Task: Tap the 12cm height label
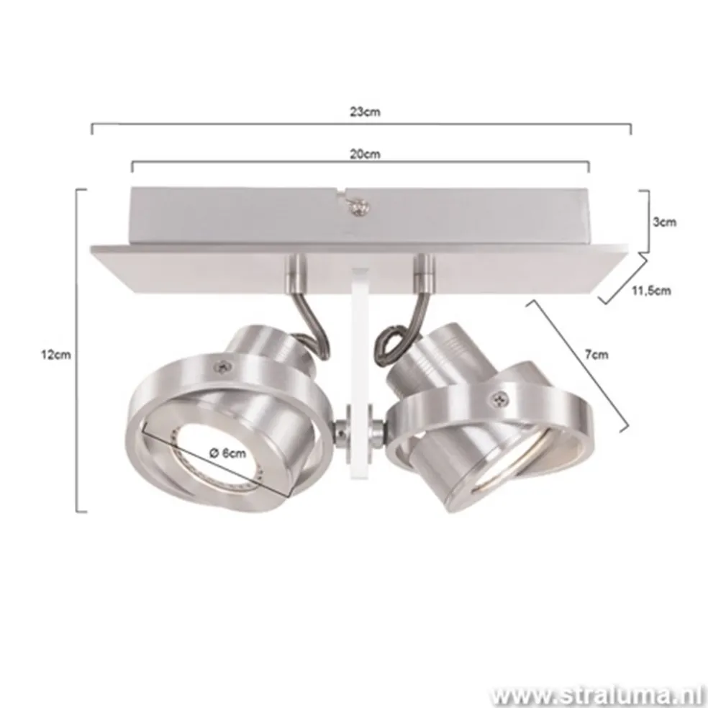coord(57,354)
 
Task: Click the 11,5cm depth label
coord(650,291)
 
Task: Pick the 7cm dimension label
coord(596,354)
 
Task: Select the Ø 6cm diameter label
coord(230,453)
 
